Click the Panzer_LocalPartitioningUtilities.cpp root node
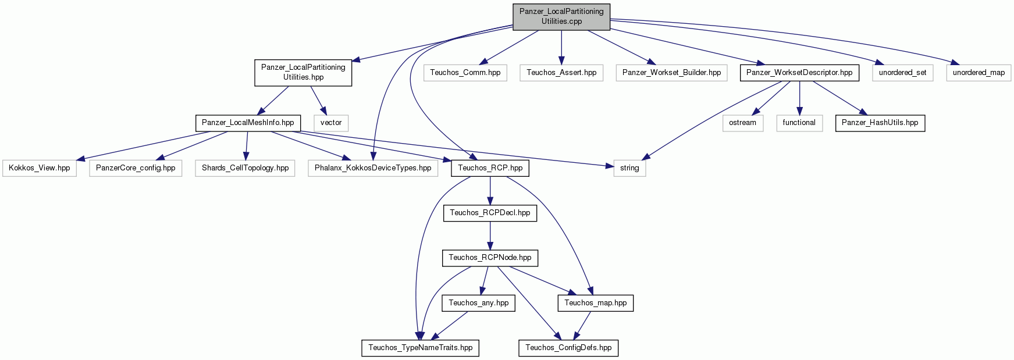(x=561, y=16)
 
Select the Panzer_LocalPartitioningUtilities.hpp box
(x=303, y=72)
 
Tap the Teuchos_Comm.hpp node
(x=465, y=73)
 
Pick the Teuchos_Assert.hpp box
(x=561, y=73)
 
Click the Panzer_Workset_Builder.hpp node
(x=671, y=73)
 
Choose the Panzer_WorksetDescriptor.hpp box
(x=799, y=73)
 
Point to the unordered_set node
(x=902, y=73)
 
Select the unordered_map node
(x=979, y=73)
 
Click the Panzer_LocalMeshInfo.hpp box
(x=248, y=123)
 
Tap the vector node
(x=331, y=123)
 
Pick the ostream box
(x=742, y=123)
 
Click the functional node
(x=799, y=123)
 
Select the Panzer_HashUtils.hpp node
(x=880, y=123)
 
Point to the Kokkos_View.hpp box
(x=40, y=168)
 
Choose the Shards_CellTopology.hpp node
(x=245, y=168)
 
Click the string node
(x=629, y=168)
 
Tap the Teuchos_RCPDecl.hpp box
(x=490, y=213)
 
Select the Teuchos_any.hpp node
(x=478, y=303)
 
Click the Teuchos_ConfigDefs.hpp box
(x=568, y=348)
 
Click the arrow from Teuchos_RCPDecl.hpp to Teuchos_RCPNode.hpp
(x=490, y=236)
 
